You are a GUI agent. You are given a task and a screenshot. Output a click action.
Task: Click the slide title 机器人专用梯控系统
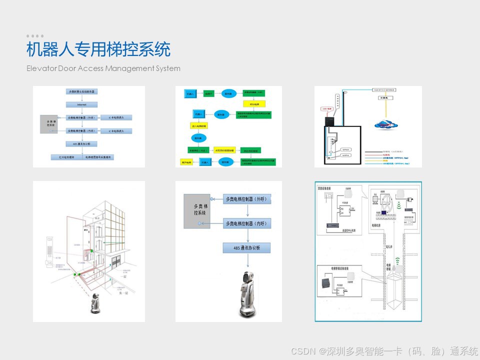[98, 50]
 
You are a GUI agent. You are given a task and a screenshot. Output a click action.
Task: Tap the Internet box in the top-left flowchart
[81, 104]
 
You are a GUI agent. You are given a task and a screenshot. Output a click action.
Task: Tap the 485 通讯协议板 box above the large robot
[246, 248]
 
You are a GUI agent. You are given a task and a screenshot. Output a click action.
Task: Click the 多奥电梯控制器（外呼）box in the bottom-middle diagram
[246, 199]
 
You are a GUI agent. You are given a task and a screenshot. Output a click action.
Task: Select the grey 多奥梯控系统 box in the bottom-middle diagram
[196, 210]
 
